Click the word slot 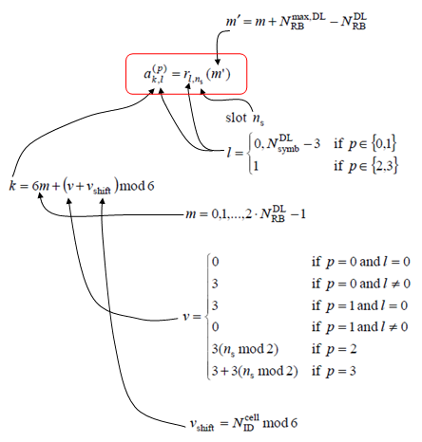click(236, 118)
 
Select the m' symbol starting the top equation click(233, 21)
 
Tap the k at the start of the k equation click(12, 185)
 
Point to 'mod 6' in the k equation click(137, 185)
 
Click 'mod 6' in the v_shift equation click(280, 423)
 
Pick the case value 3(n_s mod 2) click(245, 349)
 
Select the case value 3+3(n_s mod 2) click(255, 371)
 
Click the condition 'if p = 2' click(334, 349)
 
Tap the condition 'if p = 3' click(334, 371)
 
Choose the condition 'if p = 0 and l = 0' click(361, 262)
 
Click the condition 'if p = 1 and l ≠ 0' click(359, 327)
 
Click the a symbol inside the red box click(147, 74)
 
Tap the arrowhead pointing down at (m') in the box click(218, 62)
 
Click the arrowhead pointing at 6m click(40, 195)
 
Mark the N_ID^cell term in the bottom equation click(245, 423)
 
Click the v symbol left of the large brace click(187, 316)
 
